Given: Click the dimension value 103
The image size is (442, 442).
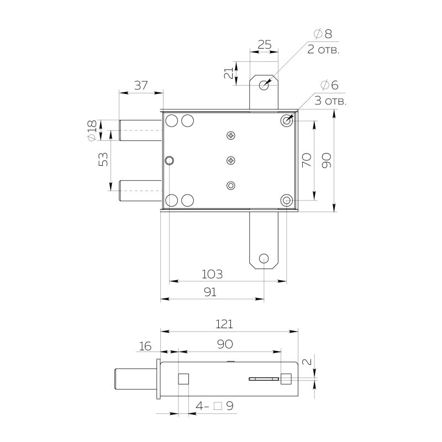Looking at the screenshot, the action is pos(212,274).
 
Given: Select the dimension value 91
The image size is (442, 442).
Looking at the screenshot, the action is pos(210,292).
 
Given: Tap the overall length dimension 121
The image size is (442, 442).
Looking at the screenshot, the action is pos(224,324).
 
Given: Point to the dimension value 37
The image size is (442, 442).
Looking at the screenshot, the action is pos(141,85).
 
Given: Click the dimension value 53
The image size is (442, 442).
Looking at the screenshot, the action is pos(103,159).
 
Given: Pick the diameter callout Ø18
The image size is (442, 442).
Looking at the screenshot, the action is pos(92,130).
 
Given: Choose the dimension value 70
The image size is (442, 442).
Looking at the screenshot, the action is pos(307,160).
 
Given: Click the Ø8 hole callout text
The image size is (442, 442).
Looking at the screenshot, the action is pos(323,34).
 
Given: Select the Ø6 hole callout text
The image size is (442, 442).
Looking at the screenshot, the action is pos(329,85).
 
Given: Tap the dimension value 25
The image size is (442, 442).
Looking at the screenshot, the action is pos(265,45).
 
